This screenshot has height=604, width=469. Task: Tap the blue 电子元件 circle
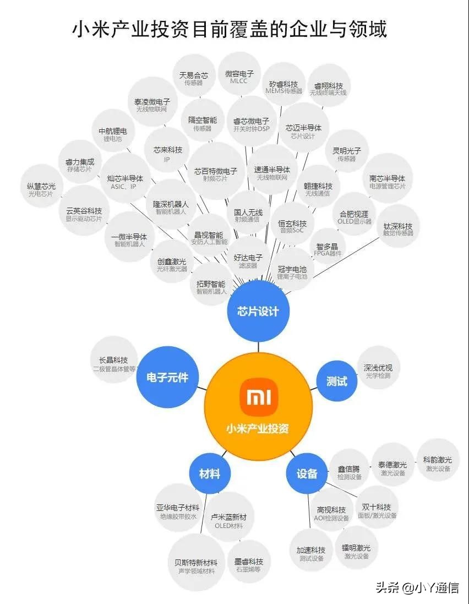click(167, 378)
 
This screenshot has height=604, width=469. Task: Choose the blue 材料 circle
click(209, 474)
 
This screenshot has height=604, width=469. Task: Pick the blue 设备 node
click(307, 474)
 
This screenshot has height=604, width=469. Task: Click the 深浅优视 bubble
click(378, 371)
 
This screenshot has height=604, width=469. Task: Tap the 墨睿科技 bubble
click(248, 565)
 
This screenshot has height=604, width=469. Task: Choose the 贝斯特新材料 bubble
click(196, 566)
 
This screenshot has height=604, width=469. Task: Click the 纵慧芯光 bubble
click(41, 189)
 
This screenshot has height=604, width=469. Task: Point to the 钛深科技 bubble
click(397, 229)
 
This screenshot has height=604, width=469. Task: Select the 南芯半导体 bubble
click(387, 182)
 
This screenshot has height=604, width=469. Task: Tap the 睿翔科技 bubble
click(329, 89)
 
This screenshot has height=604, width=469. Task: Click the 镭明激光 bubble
click(356, 552)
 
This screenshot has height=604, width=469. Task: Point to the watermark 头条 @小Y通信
click(417, 588)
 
